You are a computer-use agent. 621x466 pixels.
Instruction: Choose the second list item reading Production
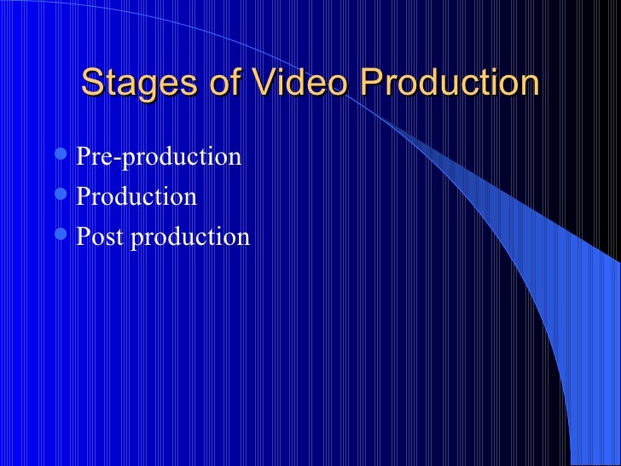pyautogui.click(x=136, y=197)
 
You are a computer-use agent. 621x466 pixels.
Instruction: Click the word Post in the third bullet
pyautogui.click(x=100, y=236)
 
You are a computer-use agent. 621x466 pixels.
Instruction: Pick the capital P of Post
pyautogui.click(x=83, y=236)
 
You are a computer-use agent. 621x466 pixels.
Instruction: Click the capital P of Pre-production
pyautogui.click(x=83, y=157)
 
